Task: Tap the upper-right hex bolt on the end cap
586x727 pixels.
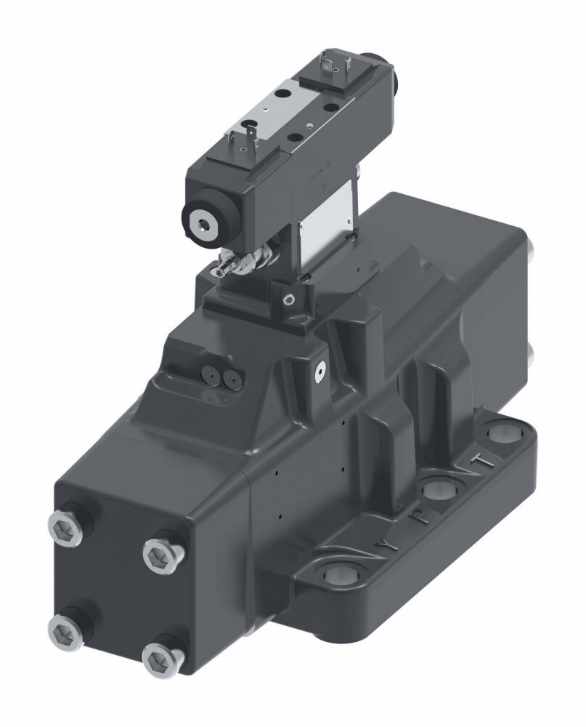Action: point(158,556)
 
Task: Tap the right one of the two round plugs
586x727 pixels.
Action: point(231,377)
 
